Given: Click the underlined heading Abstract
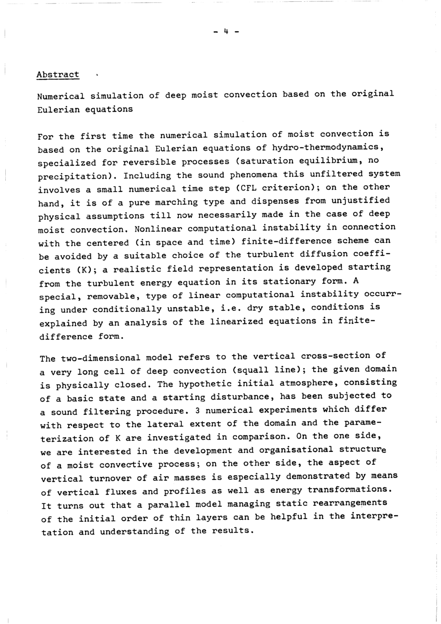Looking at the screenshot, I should pos(58,75).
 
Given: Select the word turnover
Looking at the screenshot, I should pos(108,478).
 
